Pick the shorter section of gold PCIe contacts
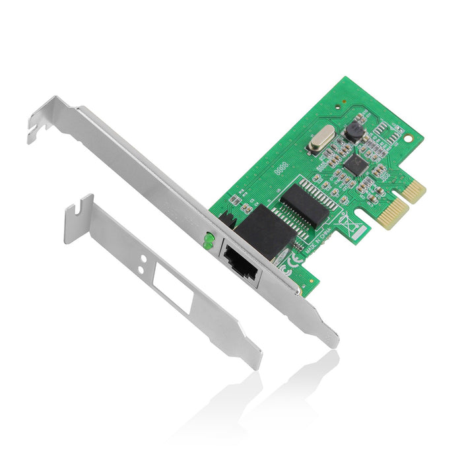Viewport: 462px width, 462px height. tap(415, 190)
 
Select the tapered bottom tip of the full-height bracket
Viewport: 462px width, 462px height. tap(330, 339)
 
